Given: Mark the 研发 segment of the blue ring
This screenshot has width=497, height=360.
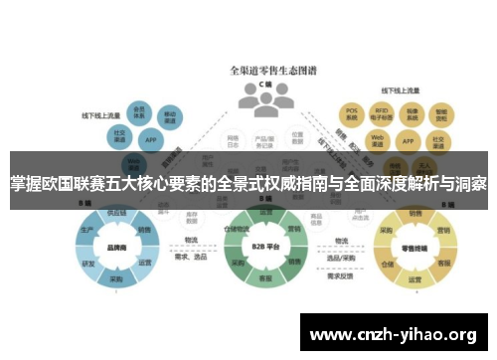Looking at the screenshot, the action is pos(88,264).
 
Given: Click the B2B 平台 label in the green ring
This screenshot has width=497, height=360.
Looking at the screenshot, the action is pos(265,245).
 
